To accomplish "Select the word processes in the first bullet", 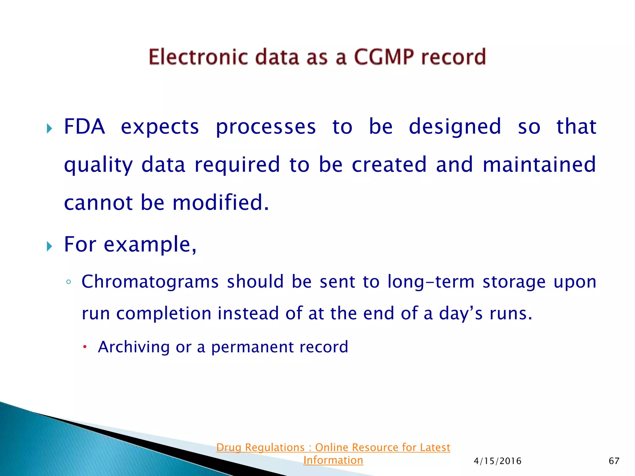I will point(266,127).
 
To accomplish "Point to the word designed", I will point(455,127).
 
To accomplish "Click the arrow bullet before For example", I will point(49,247).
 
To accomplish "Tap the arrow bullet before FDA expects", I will point(49,128).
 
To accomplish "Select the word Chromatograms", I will point(150,282).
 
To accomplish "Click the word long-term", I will point(431,282).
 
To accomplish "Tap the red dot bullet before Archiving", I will point(84,347).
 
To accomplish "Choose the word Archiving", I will point(134,347).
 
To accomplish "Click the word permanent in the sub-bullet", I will point(252,347).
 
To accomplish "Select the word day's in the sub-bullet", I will point(461,314).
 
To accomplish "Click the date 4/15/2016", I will point(497,461).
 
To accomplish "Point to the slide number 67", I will point(614,461).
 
